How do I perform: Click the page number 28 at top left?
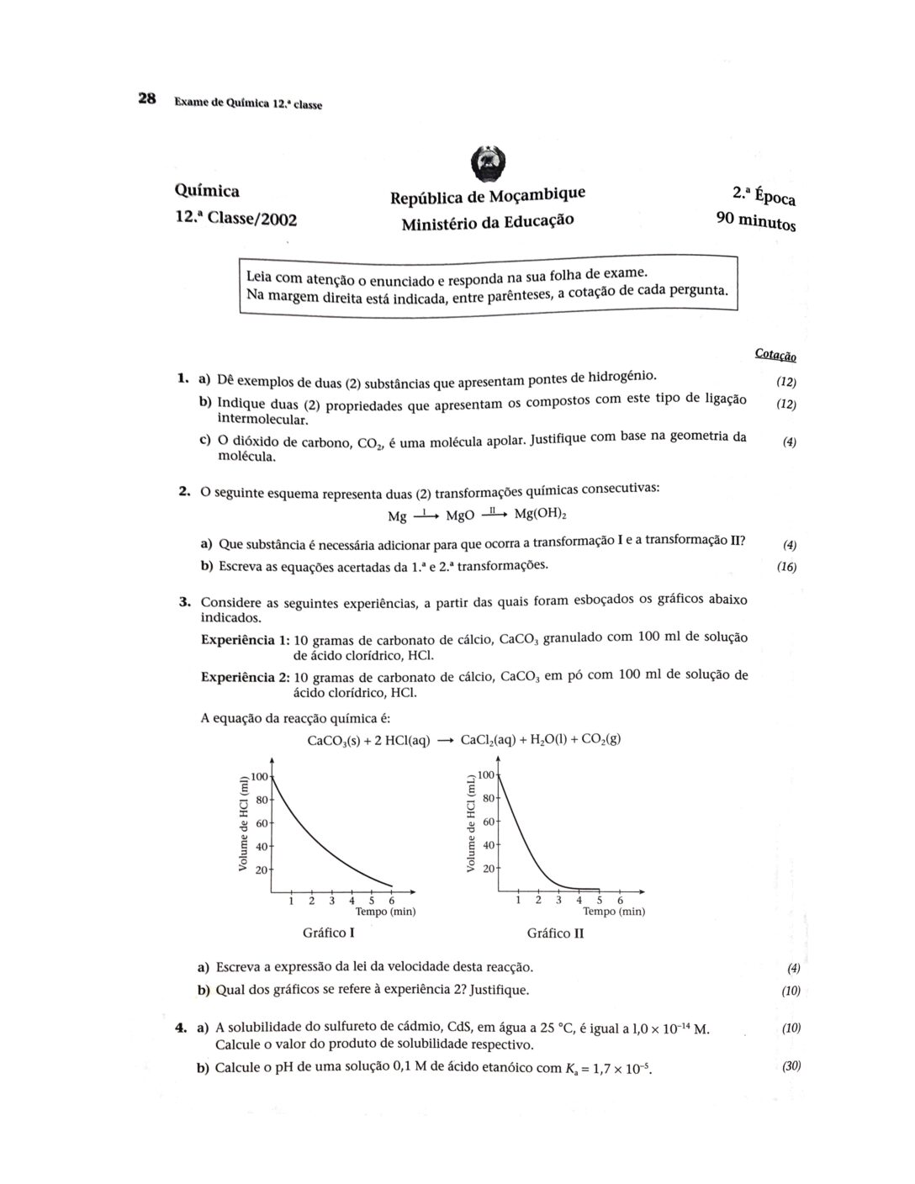pos(147,99)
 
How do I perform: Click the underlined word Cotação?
pos(775,355)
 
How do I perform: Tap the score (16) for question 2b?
pos(786,567)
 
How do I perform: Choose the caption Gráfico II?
pos(555,933)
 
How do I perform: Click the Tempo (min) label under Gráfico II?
pos(614,912)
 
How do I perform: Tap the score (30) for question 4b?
pos(791,1066)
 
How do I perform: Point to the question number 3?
pos(183,601)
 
